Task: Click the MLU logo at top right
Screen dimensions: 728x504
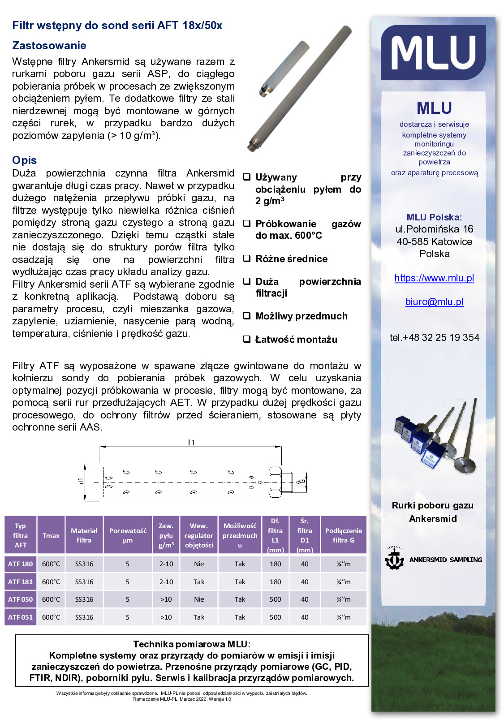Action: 433,52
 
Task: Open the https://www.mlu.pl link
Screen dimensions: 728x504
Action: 434,278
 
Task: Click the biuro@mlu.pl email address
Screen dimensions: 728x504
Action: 434,302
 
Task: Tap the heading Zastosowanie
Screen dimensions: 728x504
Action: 49,46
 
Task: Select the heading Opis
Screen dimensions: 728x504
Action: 25,160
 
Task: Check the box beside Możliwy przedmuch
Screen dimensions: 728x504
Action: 246,316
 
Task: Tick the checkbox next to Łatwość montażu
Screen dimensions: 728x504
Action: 246,339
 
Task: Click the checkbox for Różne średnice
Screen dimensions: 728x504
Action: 246,258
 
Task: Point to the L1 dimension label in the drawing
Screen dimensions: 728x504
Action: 191,443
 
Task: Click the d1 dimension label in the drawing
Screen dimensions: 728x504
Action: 81,481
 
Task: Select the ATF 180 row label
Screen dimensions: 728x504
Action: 21,564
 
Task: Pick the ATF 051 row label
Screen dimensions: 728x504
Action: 21,617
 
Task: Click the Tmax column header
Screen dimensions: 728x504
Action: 51,536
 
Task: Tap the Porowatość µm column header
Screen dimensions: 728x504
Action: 128,535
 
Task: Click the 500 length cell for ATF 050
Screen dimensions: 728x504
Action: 275,599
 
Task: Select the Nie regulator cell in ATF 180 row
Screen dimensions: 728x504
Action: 199,564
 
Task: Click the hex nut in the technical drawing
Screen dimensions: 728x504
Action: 275,482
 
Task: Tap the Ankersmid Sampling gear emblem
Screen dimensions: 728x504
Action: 394,559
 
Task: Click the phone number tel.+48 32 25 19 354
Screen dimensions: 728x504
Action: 434,338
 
